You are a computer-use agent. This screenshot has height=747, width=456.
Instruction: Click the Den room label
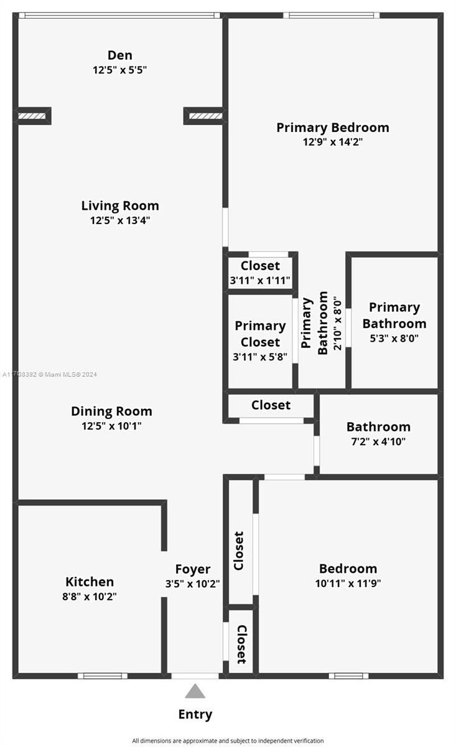(119, 55)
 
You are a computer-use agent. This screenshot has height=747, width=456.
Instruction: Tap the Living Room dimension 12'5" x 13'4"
(120, 220)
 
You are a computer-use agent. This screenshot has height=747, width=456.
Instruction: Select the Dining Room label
(111, 411)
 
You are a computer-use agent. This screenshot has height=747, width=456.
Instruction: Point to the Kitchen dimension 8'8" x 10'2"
(90, 596)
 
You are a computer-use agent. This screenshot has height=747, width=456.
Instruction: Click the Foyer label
(193, 569)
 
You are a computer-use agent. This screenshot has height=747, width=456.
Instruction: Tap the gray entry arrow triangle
(195, 691)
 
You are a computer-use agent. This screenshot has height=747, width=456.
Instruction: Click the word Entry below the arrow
(195, 715)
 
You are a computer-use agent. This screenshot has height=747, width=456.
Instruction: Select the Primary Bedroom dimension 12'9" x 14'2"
(333, 142)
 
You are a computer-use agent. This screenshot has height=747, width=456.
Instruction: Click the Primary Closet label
(260, 334)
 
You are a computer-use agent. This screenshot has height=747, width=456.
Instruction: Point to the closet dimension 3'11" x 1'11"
(260, 281)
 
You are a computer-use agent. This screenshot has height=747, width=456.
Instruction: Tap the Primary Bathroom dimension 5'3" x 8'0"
(394, 339)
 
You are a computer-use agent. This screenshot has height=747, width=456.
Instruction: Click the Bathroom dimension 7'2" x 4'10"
(378, 442)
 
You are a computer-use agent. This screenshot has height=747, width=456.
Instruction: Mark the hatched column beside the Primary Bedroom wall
(205, 116)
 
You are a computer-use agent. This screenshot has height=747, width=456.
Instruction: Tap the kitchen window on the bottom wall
(103, 676)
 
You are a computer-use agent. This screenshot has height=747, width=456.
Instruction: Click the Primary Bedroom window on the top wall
(332, 16)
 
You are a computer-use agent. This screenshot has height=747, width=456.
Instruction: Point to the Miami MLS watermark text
(50, 375)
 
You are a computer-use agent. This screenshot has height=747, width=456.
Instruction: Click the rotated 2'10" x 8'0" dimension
(338, 322)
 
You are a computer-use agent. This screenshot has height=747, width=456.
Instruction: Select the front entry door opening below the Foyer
(195, 676)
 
